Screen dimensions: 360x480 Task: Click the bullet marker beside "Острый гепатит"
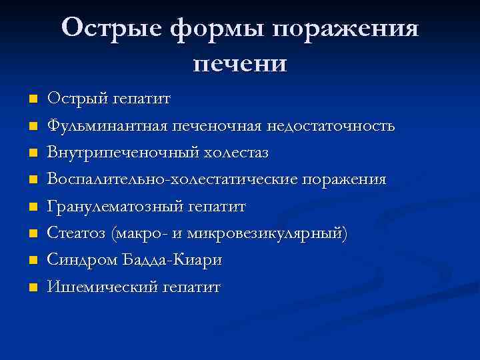(33, 99)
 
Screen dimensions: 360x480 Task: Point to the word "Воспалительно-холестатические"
(172, 180)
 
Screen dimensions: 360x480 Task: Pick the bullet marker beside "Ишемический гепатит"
(33, 288)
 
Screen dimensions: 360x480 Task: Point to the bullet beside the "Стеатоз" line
(33, 234)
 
